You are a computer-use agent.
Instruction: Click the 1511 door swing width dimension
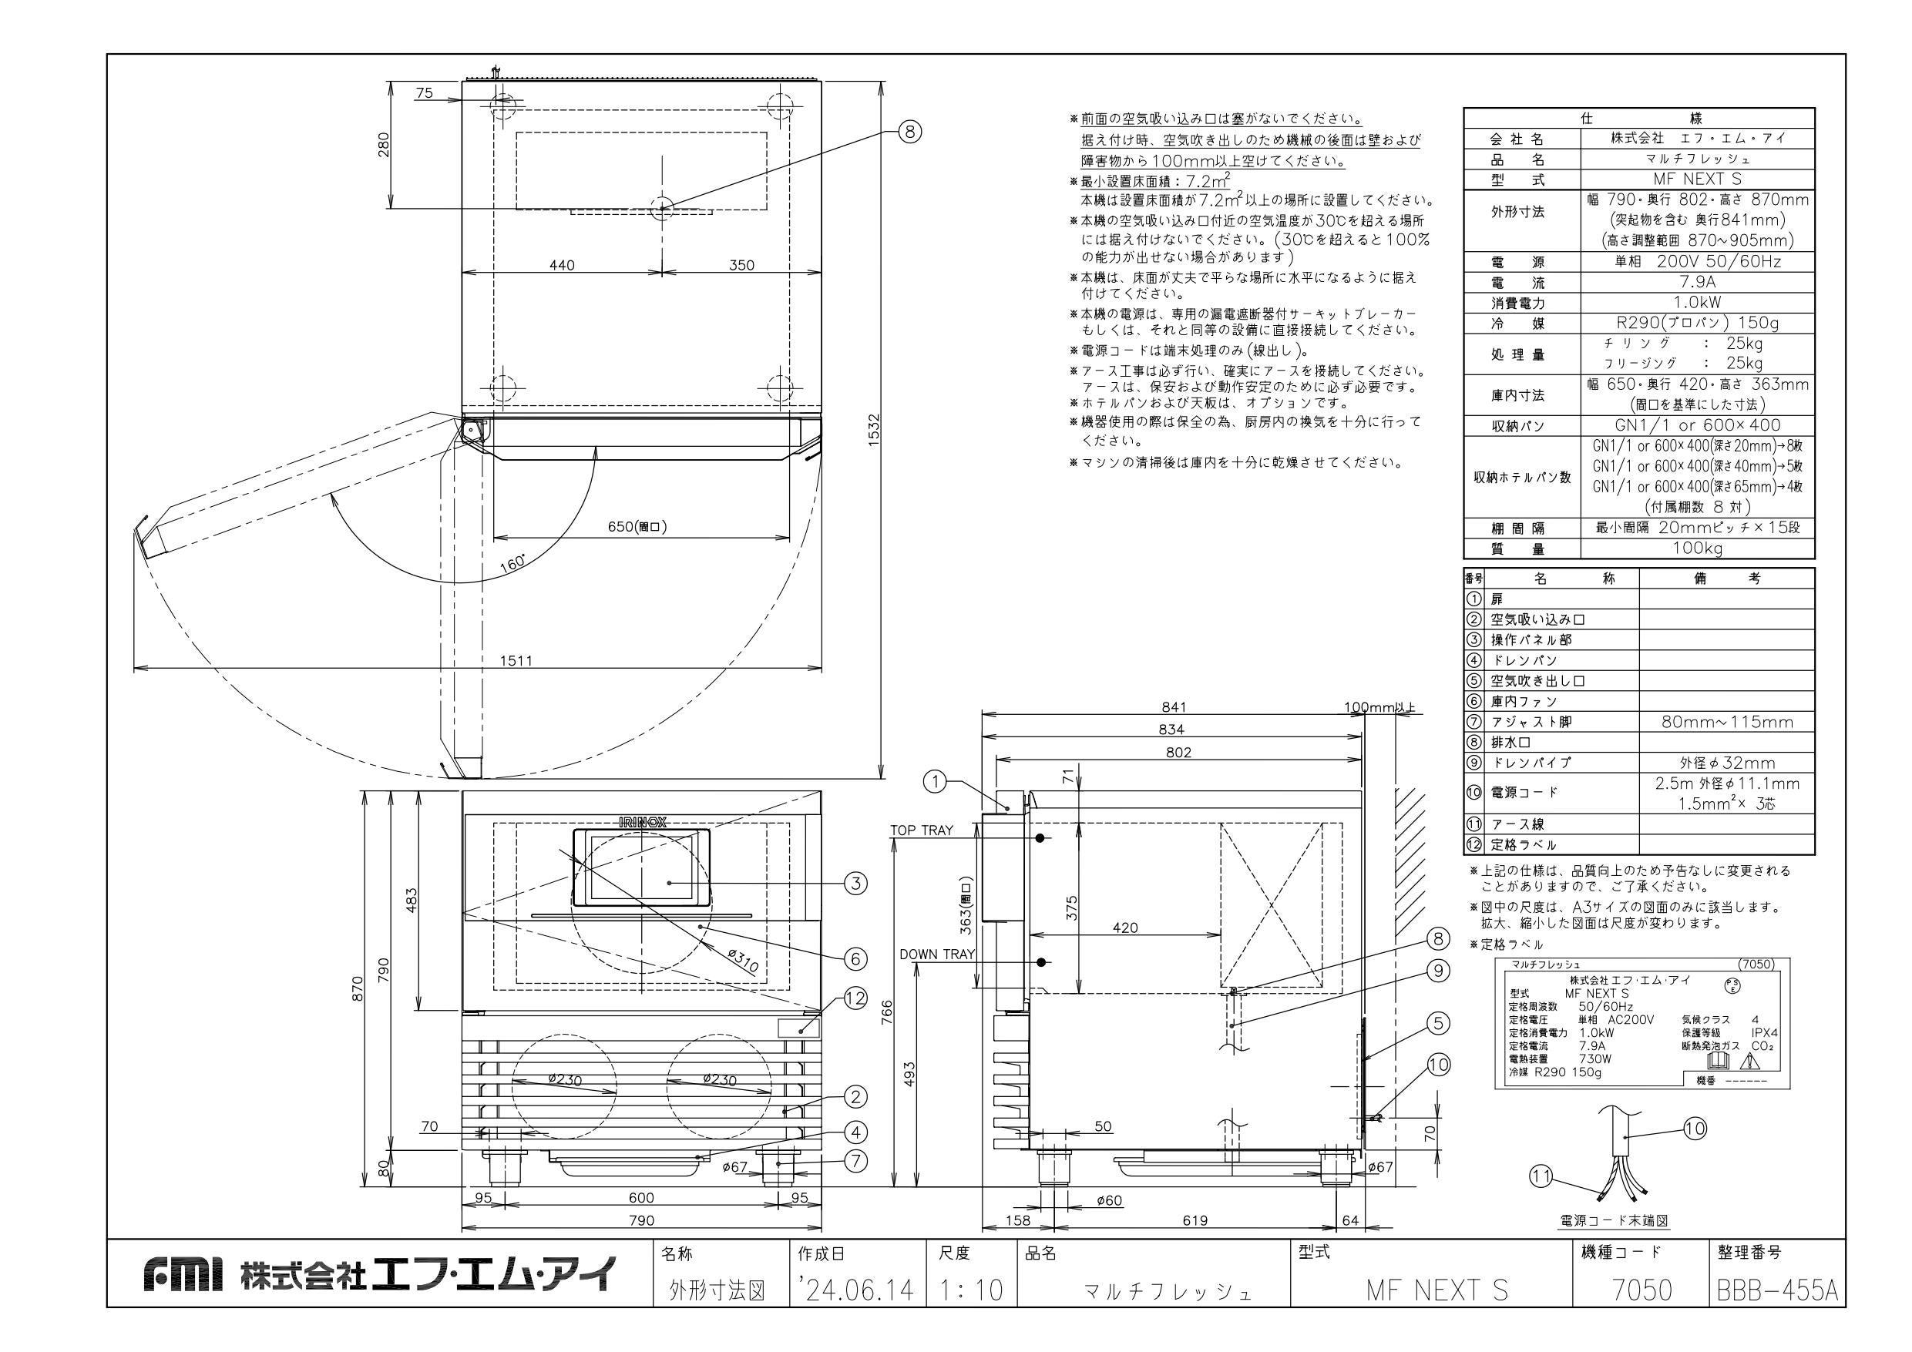tap(516, 661)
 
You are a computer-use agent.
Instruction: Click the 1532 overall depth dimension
tap(872, 430)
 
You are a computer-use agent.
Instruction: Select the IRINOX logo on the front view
tap(642, 822)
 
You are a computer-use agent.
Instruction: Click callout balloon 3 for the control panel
tap(855, 884)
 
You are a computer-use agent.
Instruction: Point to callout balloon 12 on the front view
tap(856, 999)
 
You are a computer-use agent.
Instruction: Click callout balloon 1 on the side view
tap(936, 781)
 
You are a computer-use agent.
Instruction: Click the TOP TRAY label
tap(922, 830)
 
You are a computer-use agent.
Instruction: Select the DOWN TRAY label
tap(937, 954)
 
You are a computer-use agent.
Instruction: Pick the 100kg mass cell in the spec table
tap(1697, 548)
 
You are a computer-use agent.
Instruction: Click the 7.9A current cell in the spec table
tap(1697, 282)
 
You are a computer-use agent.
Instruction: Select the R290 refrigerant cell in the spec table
tap(1697, 323)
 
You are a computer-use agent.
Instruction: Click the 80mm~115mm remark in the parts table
tap(1727, 722)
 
